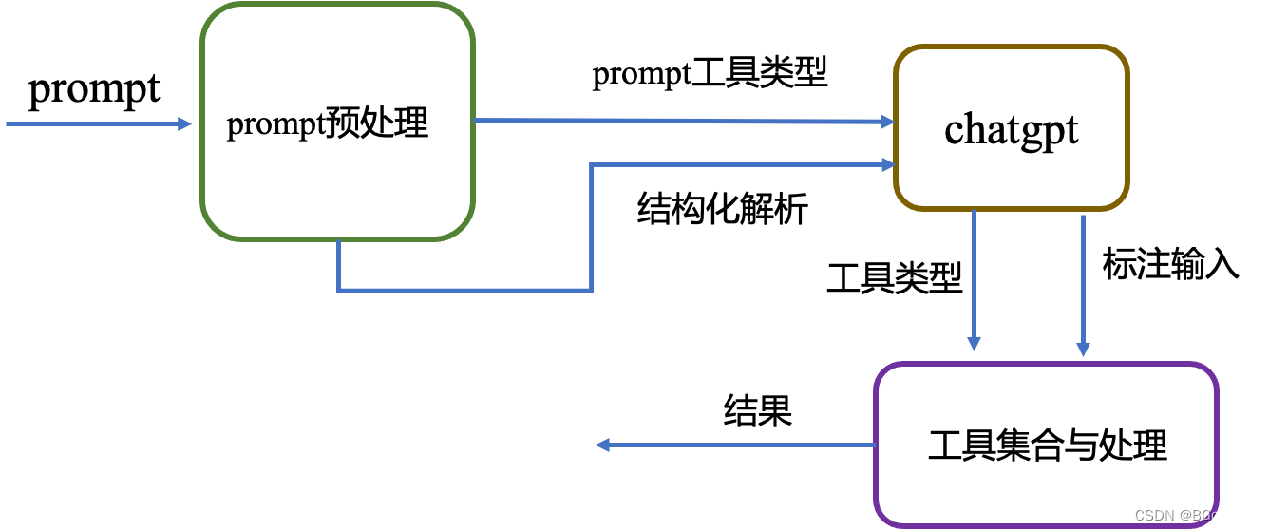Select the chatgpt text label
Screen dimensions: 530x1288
click(x=1012, y=129)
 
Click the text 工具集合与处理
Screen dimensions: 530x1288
click(x=1047, y=445)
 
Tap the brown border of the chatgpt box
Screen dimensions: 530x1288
click(x=1127, y=127)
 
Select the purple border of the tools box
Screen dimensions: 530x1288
click(x=1216, y=445)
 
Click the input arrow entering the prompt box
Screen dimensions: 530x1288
click(x=95, y=124)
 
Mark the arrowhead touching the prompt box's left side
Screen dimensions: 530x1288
click(x=186, y=124)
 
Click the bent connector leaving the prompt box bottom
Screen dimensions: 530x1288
click(x=465, y=290)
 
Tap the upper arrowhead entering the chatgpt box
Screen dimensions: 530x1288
click(x=887, y=122)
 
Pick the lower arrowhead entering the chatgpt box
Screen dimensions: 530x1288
click(x=887, y=165)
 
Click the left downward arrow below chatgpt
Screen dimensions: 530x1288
click(x=974, y=275)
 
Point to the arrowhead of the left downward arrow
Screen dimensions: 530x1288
click(x=974, y=343)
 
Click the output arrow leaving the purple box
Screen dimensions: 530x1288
click(x=741, y=445)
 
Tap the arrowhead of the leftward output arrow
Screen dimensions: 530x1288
click(x=602, y=445)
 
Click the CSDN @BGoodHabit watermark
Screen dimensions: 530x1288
click(x=1203, y=515)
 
